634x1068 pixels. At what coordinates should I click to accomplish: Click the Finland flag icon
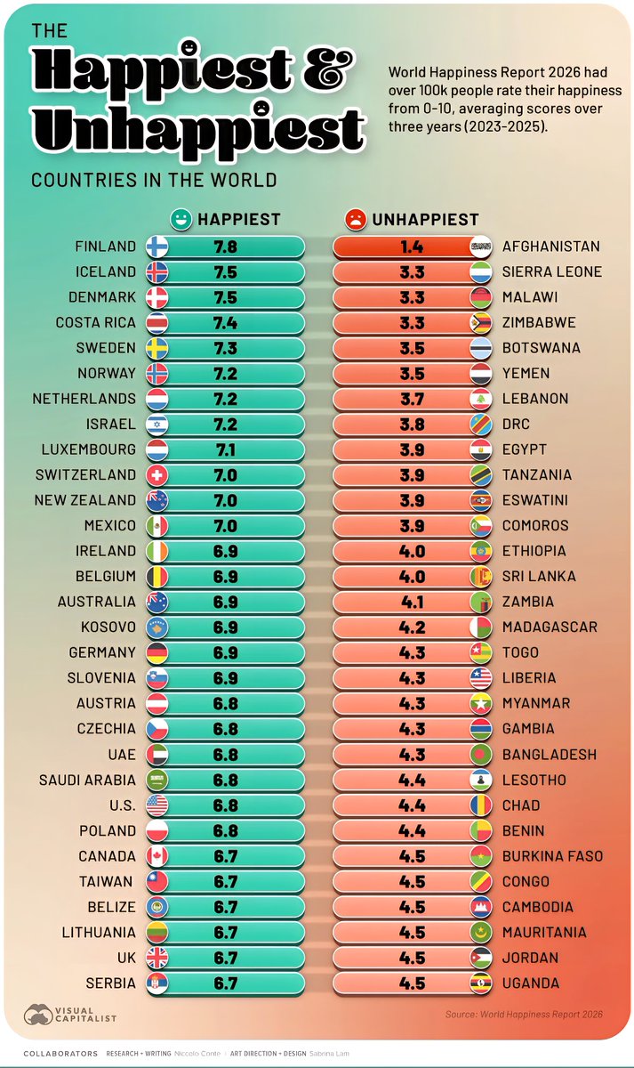click(156, 247)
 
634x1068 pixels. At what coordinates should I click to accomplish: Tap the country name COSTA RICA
click(96, 322)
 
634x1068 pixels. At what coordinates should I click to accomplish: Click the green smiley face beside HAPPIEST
click(181, 218)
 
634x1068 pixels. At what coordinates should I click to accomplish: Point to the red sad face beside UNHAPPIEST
click(355, 218)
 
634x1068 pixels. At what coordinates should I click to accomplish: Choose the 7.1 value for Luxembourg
click(226, 449)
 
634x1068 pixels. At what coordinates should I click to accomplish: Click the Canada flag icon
click(156, 856)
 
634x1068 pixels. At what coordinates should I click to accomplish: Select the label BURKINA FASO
click(552, 856)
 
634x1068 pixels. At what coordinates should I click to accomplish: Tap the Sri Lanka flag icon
click(480, 577)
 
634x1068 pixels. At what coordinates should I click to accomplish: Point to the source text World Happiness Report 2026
click(524, 1014)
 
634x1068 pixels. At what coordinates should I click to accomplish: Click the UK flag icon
click(156, 958)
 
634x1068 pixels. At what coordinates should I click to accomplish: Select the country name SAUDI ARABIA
click(87, 781)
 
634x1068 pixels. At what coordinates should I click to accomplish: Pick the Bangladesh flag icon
click(480, 755)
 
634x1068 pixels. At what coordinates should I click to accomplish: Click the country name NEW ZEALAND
click(85, 500)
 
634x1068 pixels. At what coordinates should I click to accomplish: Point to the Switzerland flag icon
click(156, 475)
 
